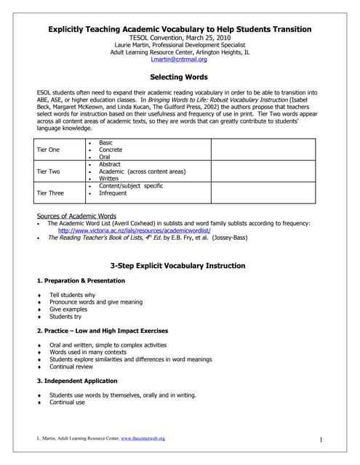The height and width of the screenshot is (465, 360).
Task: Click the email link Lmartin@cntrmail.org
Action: (178, 60)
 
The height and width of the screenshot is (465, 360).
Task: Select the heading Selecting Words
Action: (179, 77)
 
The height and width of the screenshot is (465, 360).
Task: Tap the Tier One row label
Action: (48, 149)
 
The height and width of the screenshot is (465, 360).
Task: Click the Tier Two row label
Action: (48, 171)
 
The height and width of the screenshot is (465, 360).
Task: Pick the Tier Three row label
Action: (50, 193)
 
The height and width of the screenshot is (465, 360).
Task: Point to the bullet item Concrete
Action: (111, 149)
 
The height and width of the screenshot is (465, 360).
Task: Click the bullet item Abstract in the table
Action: (110, 165)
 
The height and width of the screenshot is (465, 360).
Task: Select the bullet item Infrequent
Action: (113, 194)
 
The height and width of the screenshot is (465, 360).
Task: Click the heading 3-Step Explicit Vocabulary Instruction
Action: (179, 266)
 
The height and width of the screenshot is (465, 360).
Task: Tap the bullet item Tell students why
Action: (74, 295)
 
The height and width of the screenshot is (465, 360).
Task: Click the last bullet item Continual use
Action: (67, 402)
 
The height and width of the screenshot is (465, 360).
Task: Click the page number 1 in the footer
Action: (321, 440)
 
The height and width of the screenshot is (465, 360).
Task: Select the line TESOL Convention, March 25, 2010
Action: (179, 36)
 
